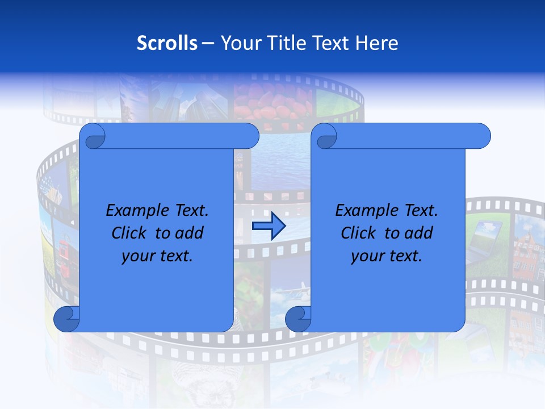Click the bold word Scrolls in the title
point(167,43)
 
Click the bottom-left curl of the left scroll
point(66,319)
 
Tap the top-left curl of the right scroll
point(326,136)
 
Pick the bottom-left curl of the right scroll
point(298,319)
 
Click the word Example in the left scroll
point(135,211)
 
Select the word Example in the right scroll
point(364,211)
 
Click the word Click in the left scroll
point(129,233)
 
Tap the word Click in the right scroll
point(358,233)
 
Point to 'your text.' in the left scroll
point(157,256)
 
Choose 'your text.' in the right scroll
point(387,256)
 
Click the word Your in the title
point(238,43)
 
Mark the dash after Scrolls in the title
point(208,43)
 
